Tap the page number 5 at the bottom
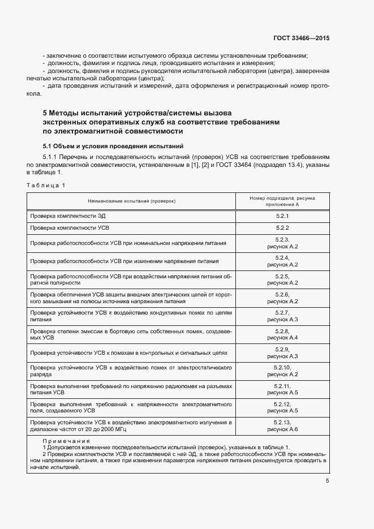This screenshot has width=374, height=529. coord(327,481)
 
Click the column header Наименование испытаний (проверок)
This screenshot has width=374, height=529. coord(131,201)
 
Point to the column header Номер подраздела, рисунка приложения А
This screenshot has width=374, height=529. coord(282,201)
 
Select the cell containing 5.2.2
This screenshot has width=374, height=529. coord(282,229)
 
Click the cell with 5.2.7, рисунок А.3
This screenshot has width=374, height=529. coord(282,316)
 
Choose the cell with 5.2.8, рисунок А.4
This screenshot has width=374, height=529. coord(282,334)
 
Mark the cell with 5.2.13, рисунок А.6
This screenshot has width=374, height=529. coord(282,425)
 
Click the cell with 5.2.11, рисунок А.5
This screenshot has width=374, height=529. coord(282,389)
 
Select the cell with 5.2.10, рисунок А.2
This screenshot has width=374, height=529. coord(282,371)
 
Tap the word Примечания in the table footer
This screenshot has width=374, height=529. coord(67,441)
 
